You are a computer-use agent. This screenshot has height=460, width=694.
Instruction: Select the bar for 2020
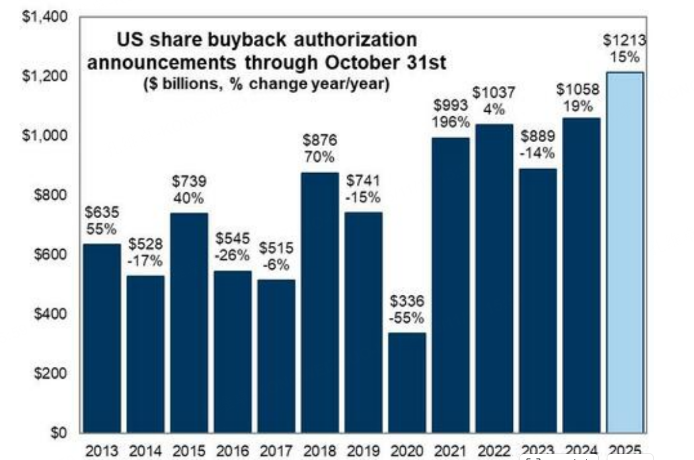[407, 383]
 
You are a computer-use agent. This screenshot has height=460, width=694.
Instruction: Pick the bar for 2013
[102, 338]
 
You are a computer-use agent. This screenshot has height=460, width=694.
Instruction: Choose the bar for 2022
[494, 278]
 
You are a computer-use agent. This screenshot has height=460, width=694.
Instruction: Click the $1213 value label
[625, 41]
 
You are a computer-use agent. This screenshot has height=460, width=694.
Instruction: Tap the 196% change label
[451, 122]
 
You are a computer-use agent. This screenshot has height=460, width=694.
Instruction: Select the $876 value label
[320, 140]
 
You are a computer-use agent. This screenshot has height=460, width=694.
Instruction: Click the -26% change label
[233, 255]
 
